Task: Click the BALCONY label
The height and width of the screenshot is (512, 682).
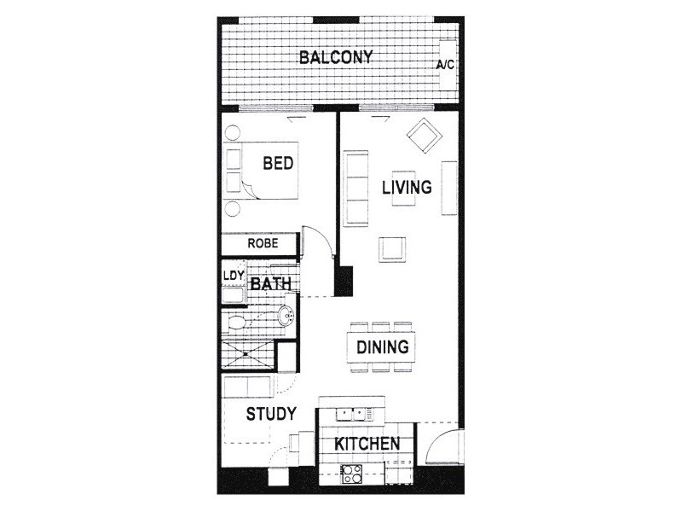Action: point(336,58)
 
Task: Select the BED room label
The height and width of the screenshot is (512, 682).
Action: point(278,163)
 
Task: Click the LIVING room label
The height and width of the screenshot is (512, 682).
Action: point(407,187)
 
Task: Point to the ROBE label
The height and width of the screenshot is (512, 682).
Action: point(263,243)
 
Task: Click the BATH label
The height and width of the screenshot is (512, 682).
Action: point(270,283)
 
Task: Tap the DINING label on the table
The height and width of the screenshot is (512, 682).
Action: point(383,347)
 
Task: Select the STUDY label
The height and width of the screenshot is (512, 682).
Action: point(271,415)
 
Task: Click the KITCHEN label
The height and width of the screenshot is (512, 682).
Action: point(367,444)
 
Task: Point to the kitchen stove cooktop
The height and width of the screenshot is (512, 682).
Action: point(352,473)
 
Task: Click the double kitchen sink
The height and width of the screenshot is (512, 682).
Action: point(351,414)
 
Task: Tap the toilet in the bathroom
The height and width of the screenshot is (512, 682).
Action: point(240,322)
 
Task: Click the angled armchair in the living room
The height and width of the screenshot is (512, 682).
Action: point(424,135)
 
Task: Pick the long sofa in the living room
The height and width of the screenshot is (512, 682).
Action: point(355,189)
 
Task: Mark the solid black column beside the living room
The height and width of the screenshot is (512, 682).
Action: point(343,281)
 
